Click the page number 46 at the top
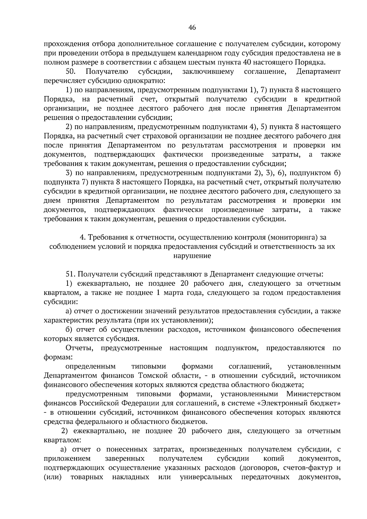192,28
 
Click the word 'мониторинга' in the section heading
294,237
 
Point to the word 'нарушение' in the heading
192,256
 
